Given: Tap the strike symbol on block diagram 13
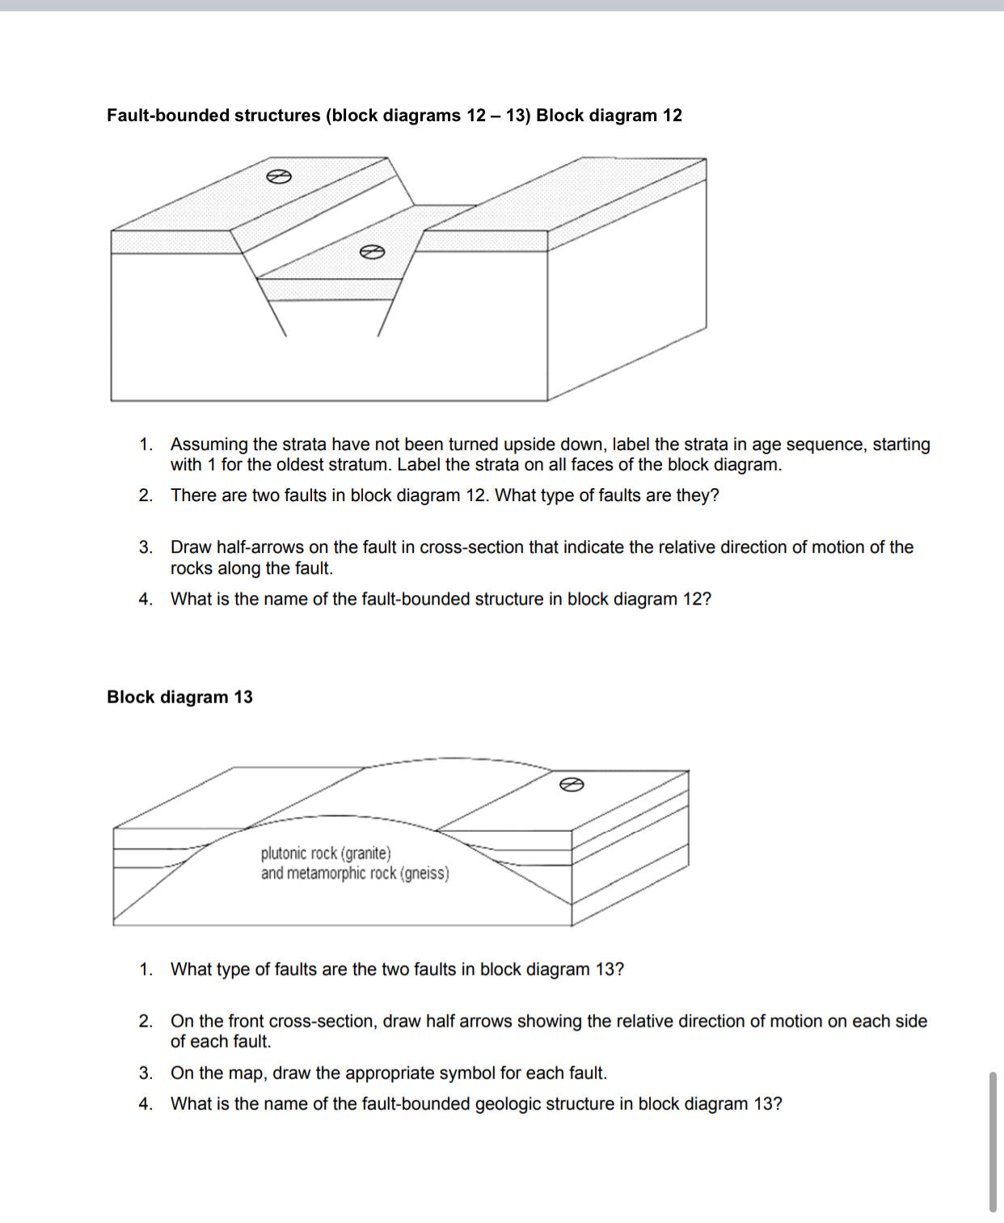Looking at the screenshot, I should coord(571,784).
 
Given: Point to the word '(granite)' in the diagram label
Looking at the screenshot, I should coord(365,853).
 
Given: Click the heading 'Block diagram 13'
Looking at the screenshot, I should coord(179,697).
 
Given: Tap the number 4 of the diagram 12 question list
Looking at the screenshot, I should coord(145,599).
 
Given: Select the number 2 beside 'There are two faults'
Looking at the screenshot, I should coord(145,496).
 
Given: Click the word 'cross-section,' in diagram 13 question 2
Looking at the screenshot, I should coord(323,1021).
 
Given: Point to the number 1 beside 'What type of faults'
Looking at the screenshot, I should coord(145,969).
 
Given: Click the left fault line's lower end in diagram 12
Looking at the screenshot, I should coord(285,335).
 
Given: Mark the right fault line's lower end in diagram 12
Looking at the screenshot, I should coord(378,335).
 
